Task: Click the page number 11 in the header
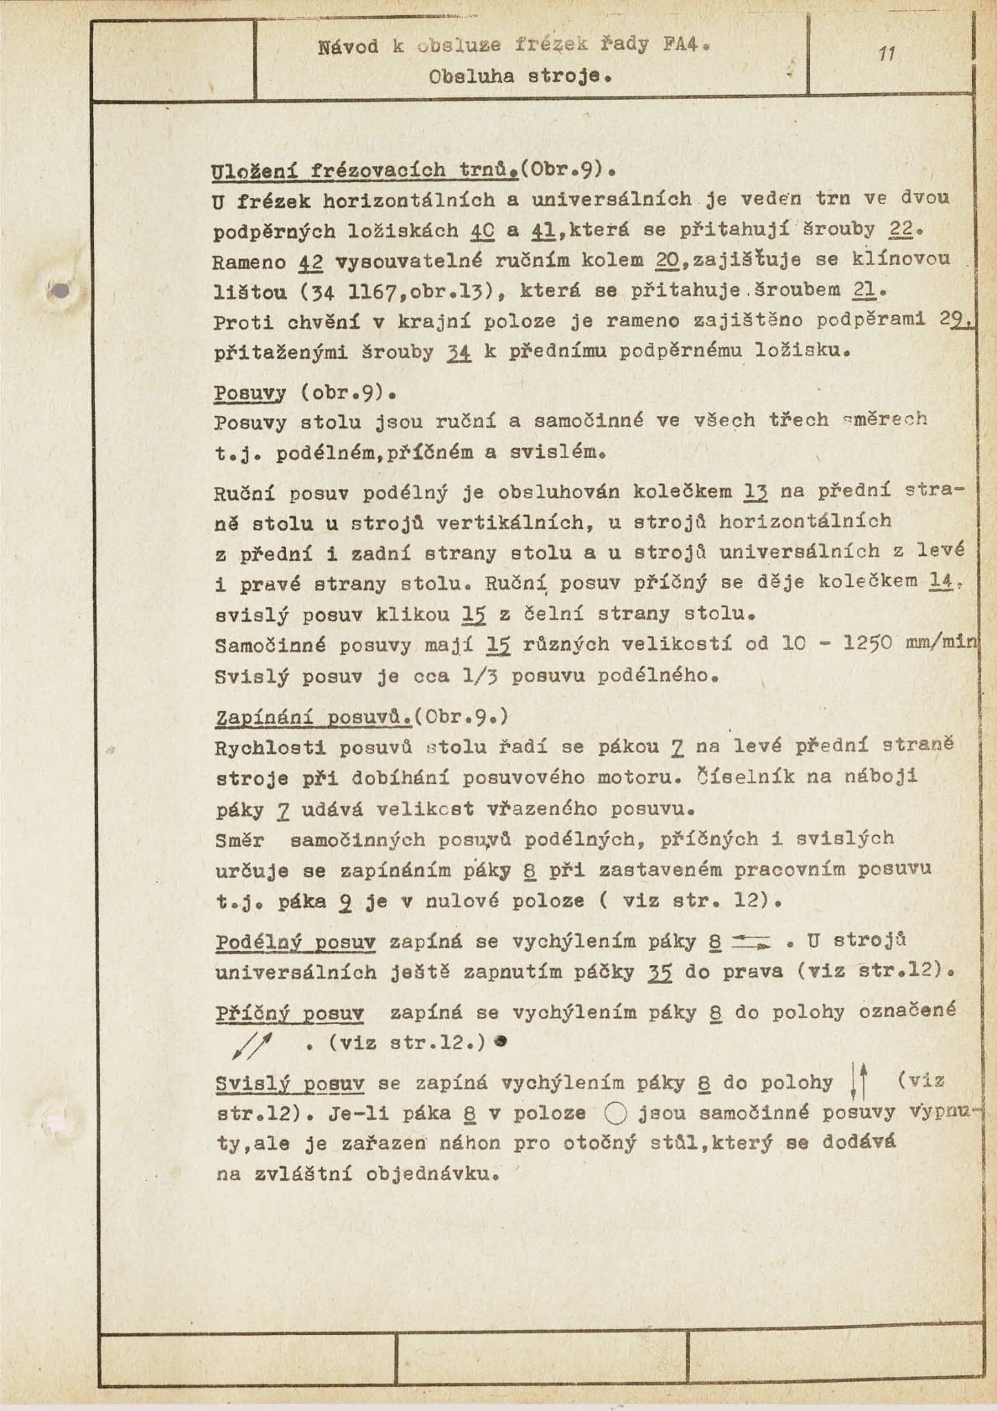point(887,54)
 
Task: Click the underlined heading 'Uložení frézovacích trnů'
point(365,170)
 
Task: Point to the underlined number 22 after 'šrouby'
point(900,229)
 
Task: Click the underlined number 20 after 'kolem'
point(667,260)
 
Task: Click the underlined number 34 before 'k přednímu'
point(458,352)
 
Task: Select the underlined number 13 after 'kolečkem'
point(756,492)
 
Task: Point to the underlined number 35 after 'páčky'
point(660,972)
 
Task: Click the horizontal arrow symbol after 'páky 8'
point(751,941)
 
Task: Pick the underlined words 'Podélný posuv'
point(296,942)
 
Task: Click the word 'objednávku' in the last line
point(430,1174)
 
